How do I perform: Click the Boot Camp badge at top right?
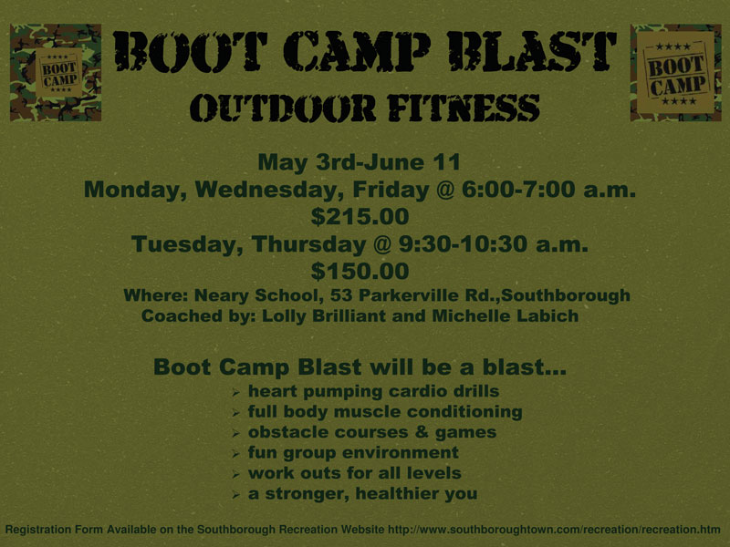[675, 73]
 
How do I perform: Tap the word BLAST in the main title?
[532, 52]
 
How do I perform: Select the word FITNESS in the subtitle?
[464, 108]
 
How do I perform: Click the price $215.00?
[360, 217]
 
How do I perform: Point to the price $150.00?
[360, 271]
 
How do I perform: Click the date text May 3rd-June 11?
[360, 162]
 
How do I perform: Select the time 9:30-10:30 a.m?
[494, 244]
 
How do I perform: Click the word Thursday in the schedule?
[308, 244]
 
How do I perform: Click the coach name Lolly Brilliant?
[324, 315]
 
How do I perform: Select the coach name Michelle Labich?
[506, 315]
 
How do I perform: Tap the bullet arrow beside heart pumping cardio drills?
[236, 393]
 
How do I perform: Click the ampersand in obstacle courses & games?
[422, 431]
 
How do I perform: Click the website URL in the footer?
[554, 530]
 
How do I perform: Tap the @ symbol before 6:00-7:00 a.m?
[444, 190]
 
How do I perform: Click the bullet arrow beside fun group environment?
[236, 454]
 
